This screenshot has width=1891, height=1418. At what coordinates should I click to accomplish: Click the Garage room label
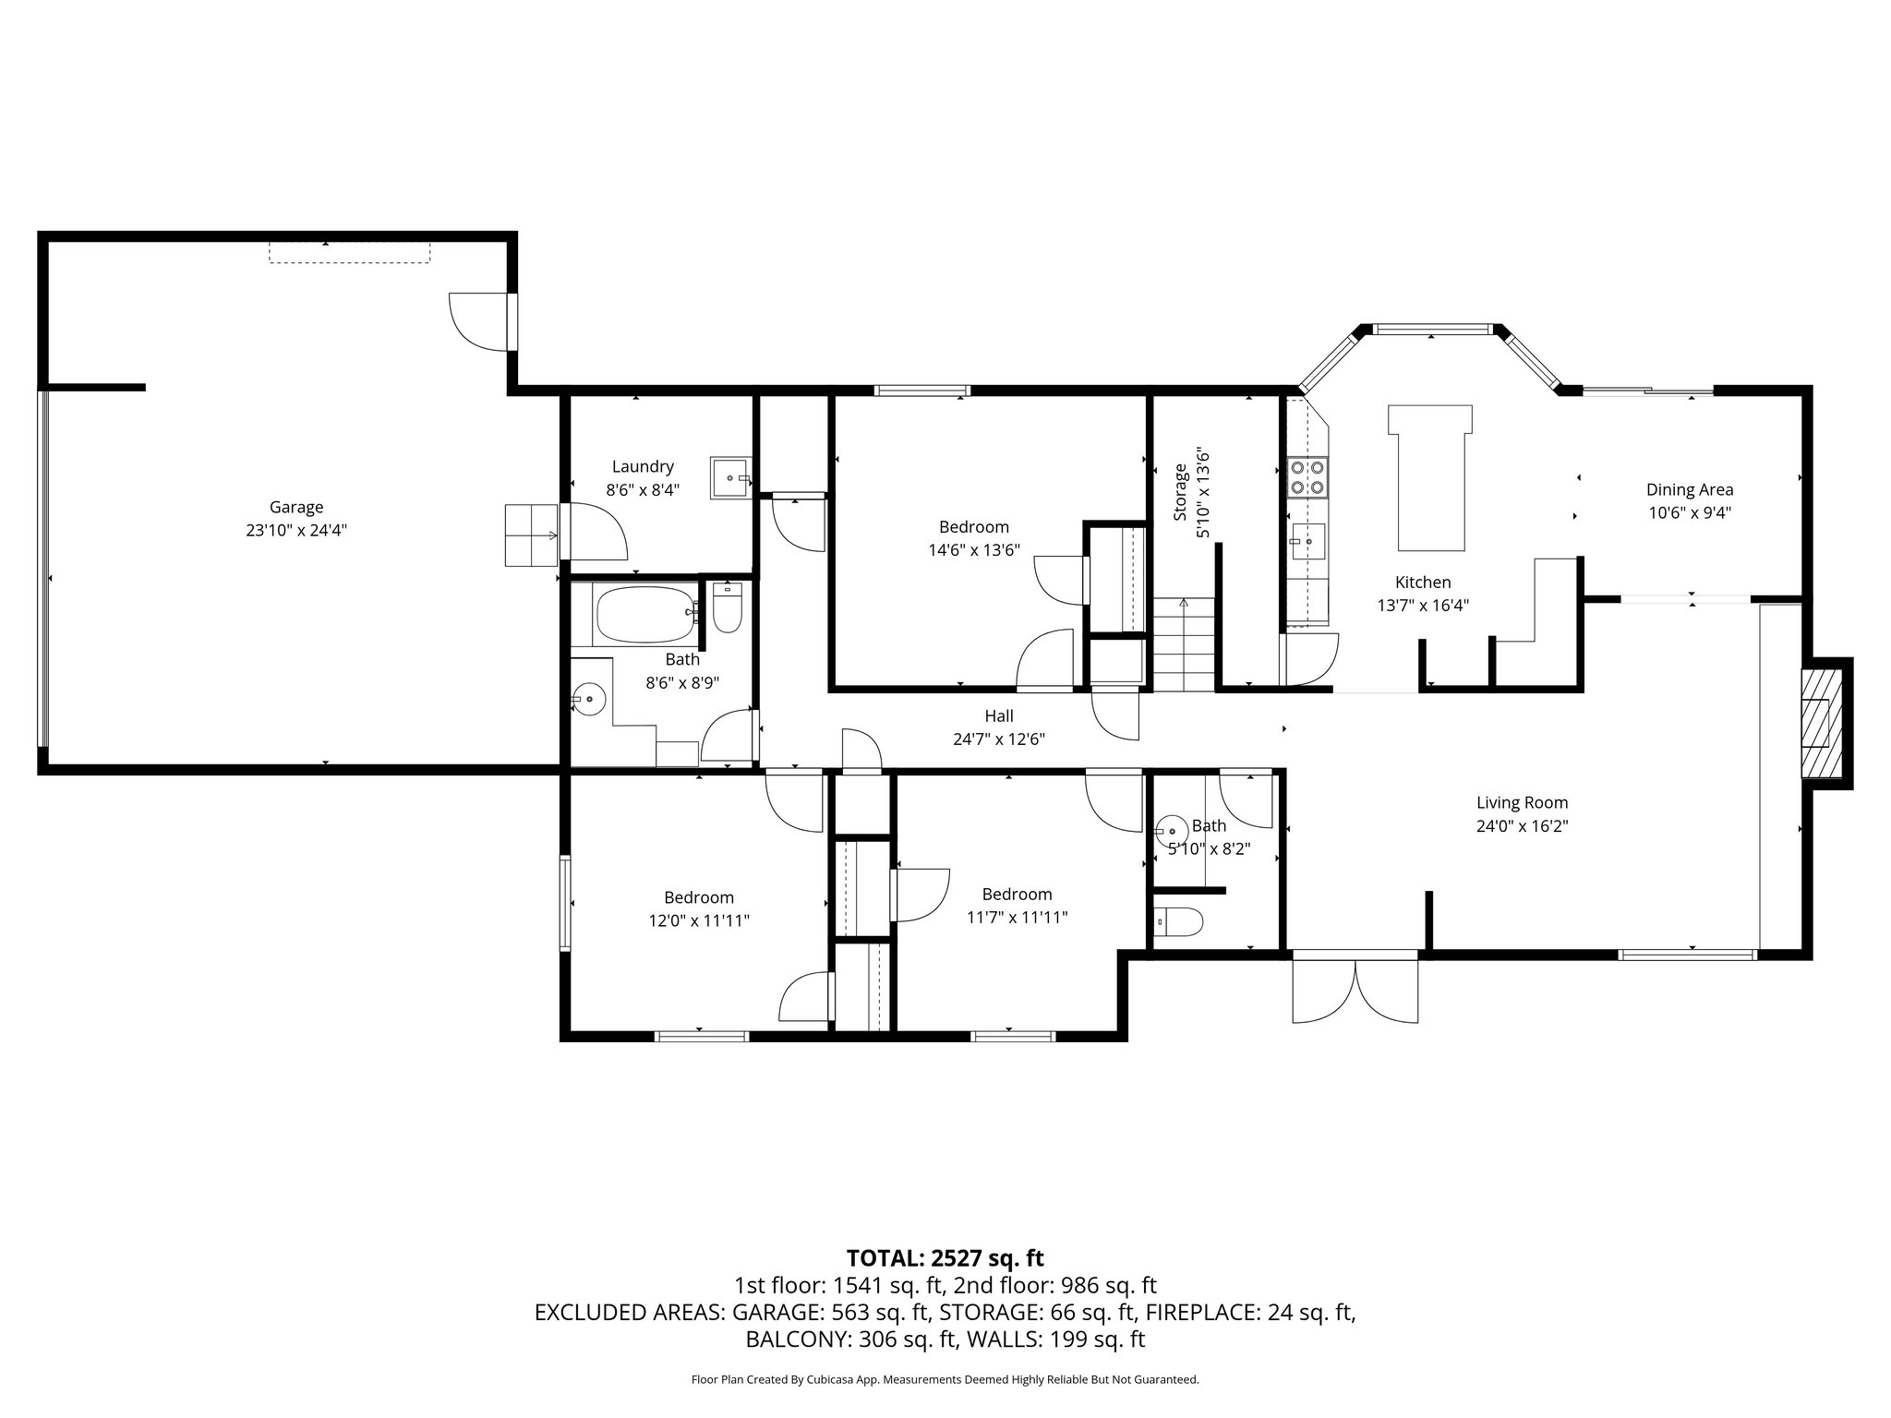[295, 507]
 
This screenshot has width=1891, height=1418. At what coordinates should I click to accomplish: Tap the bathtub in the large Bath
[645, 615]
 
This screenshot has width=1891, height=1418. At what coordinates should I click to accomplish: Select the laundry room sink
[731, 477]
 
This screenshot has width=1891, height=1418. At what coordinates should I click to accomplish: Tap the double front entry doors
[1355, 991]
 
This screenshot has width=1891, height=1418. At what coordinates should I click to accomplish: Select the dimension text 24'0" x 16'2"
[1522, 826]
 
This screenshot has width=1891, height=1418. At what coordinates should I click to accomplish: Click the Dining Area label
[1689, 490]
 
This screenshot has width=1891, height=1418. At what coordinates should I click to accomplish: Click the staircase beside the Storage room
[1184, 643]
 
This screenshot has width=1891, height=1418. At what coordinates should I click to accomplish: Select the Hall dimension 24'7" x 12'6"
[998, 739]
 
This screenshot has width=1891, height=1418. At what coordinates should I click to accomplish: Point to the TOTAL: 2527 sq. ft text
[945, 1257]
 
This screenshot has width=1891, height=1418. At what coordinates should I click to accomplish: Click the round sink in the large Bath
[588, 699]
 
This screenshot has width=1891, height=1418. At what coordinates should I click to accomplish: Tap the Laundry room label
[643, 467]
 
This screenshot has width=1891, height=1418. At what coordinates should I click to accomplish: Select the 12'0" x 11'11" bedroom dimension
[698, 920]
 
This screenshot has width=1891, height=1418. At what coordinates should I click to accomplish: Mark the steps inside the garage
[531, 535]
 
